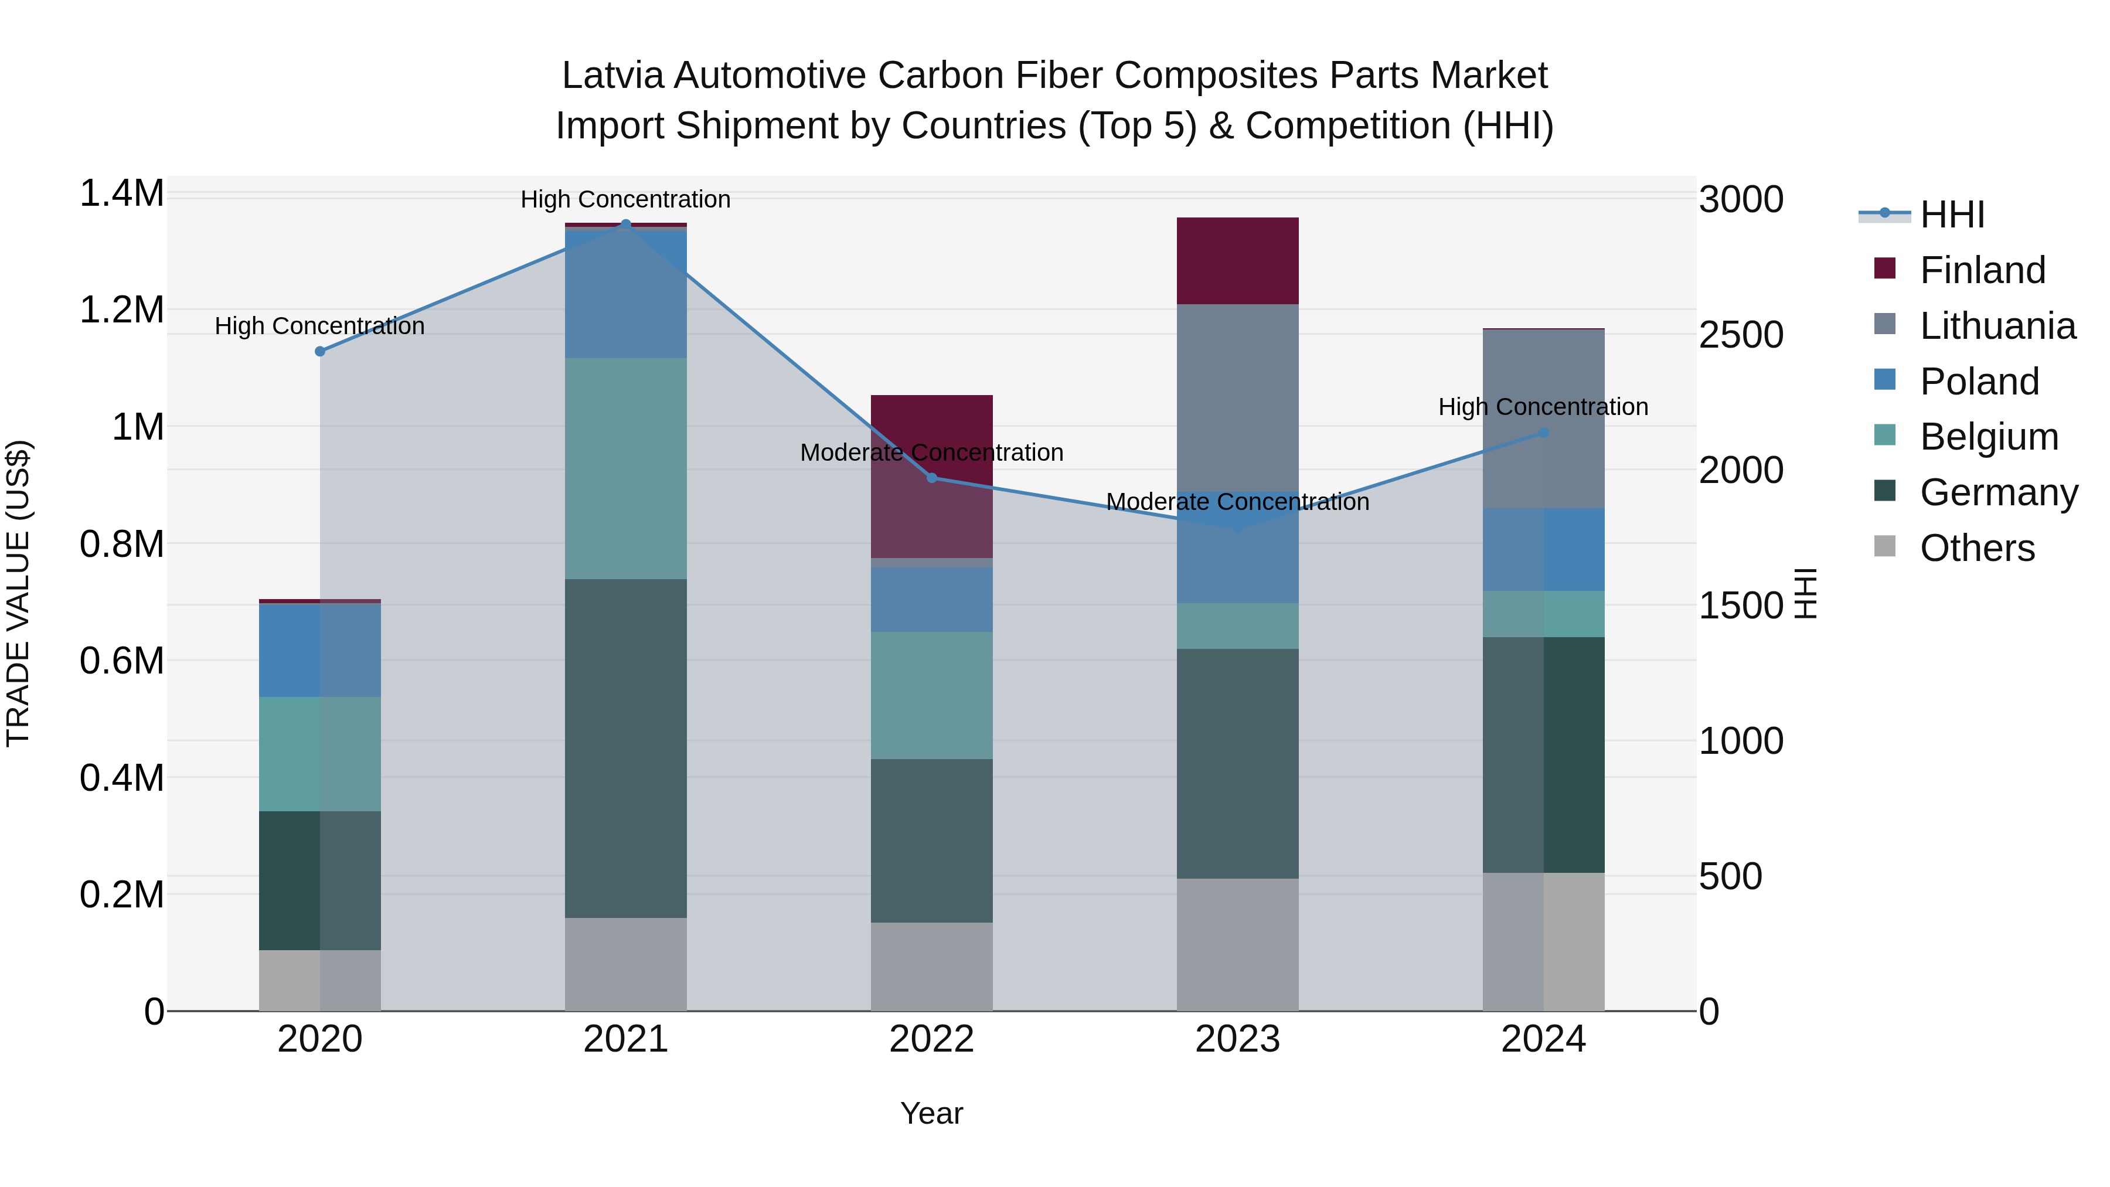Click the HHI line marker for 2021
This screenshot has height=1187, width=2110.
coord(626,224)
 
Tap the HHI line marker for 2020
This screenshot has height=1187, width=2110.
coord(320,352)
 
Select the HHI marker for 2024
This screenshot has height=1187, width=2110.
coord(1543,433)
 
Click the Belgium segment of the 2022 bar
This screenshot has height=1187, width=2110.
coord(931,695)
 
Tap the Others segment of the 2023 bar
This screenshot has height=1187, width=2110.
coord(1238,944)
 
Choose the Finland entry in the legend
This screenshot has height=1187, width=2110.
coord(1982,270)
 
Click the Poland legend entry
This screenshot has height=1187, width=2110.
coord(1979,382)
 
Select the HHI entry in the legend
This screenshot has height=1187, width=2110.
coord(1952,215)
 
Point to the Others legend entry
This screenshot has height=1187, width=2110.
coord(1976,548)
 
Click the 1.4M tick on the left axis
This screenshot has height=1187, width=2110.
coord(122,194)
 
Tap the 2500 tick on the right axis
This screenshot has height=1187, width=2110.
coord(1741,335)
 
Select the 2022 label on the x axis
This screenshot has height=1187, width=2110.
coord(931,1039)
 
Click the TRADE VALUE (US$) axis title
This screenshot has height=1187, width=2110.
coord(18,593)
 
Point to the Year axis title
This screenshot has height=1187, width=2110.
coord(931,1113)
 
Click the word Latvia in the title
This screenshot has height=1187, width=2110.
coord(614,76)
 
